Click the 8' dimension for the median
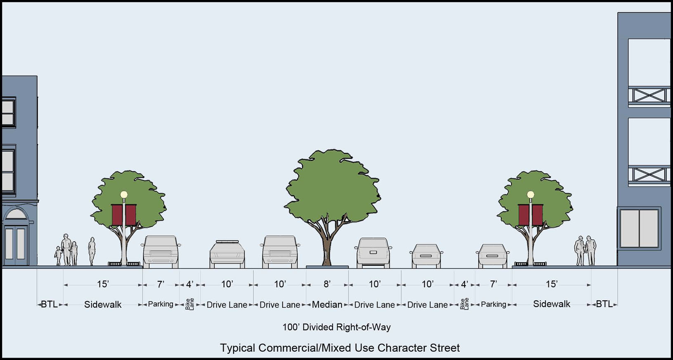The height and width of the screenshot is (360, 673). click(x=327, y=284)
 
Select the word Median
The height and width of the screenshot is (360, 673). click(x=327, y=305)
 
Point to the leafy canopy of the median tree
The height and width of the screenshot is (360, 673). click(x=332, y=186)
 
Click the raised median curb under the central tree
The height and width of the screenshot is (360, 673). click(x=327, y=267)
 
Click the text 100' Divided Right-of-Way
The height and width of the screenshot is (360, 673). click(x=336, y=327)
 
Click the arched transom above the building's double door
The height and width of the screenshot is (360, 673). click(x=16, y=214)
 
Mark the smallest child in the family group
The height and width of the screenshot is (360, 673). click(x=58, y=256)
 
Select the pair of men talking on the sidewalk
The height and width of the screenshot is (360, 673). click(x=586, y=251)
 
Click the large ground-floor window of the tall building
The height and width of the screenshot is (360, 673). click(x=639, y=228)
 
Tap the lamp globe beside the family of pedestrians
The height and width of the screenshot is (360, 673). click(x=124, y=195)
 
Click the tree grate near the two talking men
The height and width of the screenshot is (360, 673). click(x=531, y=264)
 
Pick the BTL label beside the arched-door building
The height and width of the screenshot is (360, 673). click(x=49, y=305)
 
